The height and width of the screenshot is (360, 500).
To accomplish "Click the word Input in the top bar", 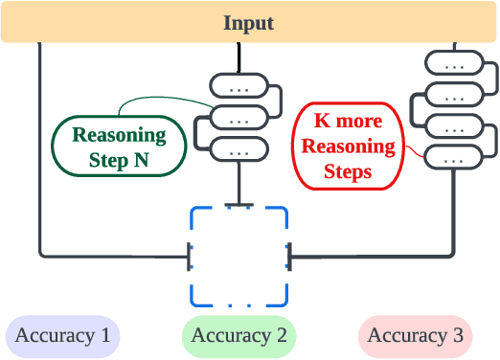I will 248,23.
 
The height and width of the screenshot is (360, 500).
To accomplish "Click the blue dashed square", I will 239,255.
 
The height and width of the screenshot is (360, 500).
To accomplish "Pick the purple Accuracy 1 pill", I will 62,335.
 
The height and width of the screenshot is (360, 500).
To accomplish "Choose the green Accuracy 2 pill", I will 239,335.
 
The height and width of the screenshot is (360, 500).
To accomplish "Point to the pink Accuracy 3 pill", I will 415,335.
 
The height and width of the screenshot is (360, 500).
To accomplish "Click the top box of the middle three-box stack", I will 239,86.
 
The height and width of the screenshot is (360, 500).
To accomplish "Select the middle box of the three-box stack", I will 239,119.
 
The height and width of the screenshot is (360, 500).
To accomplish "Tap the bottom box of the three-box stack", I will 239,150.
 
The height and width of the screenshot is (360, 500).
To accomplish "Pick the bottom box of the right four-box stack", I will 453,157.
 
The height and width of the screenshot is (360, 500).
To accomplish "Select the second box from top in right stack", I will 453,95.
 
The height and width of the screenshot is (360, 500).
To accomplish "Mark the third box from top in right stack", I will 453,126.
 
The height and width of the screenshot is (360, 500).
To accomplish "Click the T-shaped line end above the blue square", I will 239,204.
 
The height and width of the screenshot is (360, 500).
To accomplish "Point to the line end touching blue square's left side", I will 189,256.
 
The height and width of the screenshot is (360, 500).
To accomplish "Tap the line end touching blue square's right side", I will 289,256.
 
